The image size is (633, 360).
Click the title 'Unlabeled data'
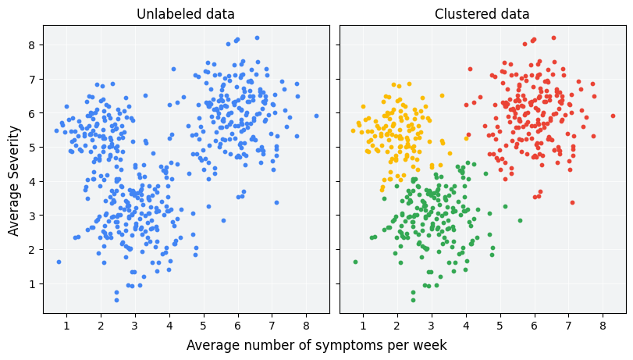(x=185, y=14)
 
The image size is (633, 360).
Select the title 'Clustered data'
(x=482, y=14)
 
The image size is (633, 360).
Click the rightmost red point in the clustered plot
(x=613, y=116)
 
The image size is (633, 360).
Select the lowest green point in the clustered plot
(x=413, y=300)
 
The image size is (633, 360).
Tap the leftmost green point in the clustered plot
(x=355, y=262)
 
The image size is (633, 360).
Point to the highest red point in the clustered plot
(x=553, y=37)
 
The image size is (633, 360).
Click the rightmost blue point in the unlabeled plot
(x=316, y=116)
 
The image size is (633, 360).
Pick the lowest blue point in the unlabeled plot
(x=116, y=300)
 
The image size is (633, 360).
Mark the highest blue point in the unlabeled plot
(x=257, y=37)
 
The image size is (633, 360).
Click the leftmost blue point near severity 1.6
(x=59, y=262)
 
